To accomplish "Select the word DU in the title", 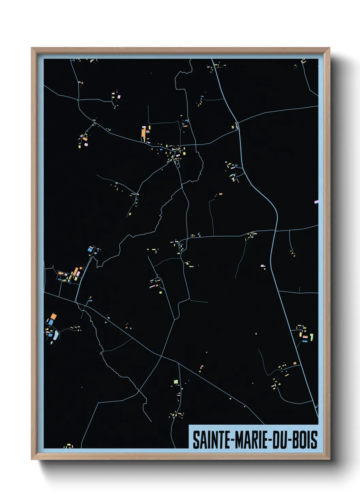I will click(x=278, y=440).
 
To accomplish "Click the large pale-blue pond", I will click(x=55, y=335).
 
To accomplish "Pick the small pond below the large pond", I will click(x=51, y=342).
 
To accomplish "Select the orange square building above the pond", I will click(x=53, y=316).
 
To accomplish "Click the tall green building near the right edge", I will click(x=311, y=337).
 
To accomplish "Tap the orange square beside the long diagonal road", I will click(x=295, y=363).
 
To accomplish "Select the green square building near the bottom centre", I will click(x=176, y=381).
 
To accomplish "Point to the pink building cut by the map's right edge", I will click(x=316, y=202).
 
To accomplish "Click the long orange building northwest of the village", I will click(x=144, y=134).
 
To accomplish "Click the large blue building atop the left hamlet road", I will click(x=90, y=249).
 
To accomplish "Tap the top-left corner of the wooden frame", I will click(x=32, y=48).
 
